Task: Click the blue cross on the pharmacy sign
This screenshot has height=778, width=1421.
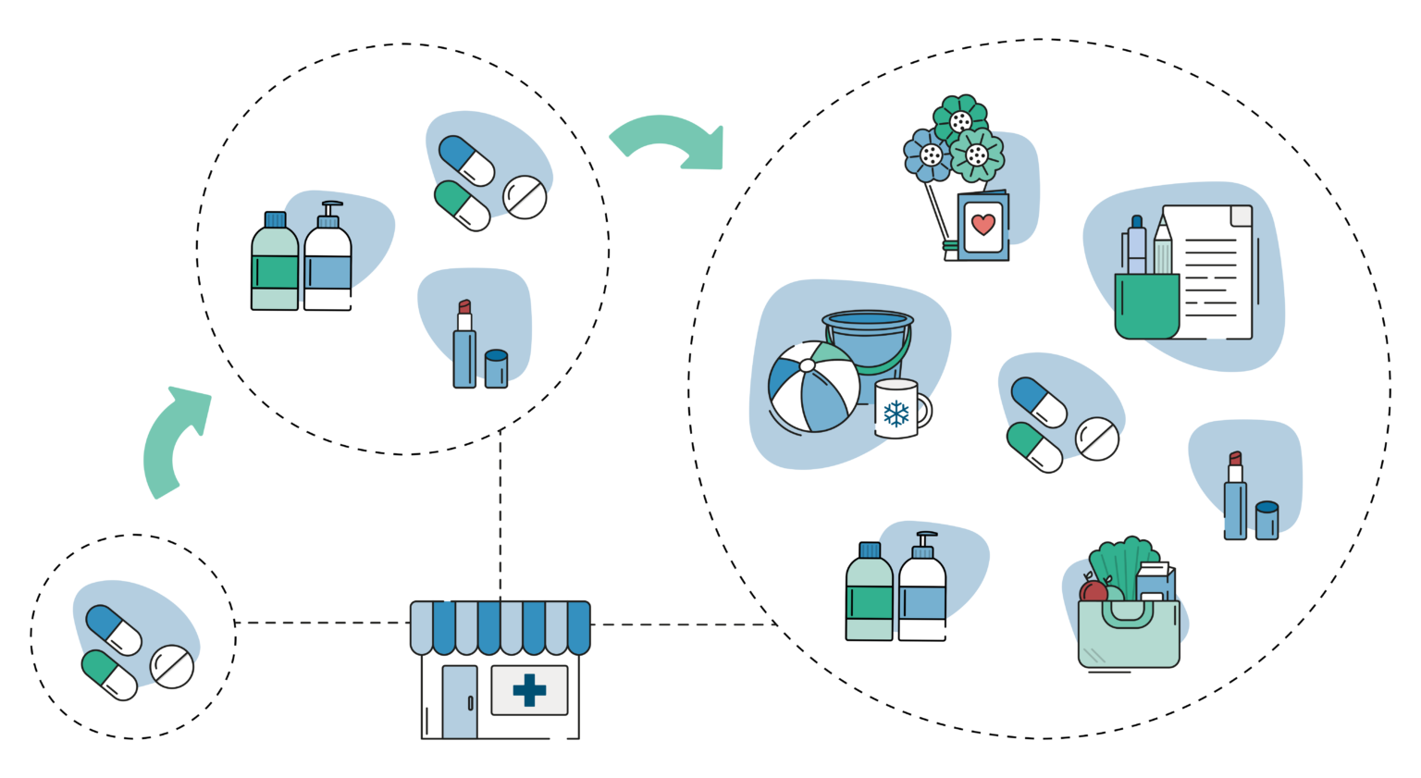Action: [x=529, y=690]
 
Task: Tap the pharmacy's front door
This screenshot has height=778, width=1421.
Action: [x=459, y=702]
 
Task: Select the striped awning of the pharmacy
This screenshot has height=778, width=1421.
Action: [x=500, y=627]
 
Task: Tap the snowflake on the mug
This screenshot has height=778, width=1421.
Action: [x=896, y=413]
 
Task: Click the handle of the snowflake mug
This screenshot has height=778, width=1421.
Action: [x=923, y=408]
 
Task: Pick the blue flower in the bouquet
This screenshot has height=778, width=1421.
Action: [x=928, y=154]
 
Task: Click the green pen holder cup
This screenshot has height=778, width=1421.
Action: [x=1146, y=305]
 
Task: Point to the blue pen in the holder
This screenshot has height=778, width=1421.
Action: [x=1136, y=245]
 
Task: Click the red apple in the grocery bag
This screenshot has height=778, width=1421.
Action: [x=1094, y=591]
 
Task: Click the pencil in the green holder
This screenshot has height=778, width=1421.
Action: [x=1162, y=245]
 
